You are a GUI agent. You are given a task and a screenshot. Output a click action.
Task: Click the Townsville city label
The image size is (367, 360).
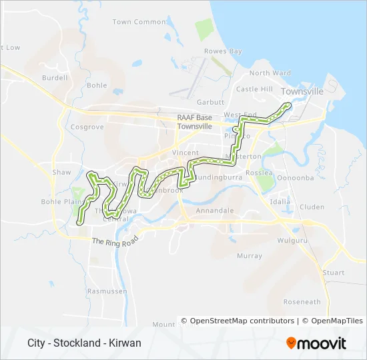point(302,91)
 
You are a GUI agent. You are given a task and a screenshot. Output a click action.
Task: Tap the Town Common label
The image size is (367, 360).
point(139,22)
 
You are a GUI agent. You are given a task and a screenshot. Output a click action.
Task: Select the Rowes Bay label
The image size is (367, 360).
point(223,51)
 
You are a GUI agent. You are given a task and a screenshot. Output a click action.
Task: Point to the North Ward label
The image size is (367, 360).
point(270,73)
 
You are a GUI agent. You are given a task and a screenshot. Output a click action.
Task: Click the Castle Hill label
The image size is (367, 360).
point(254,89)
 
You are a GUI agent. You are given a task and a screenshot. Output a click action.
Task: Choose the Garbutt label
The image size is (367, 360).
point(211,103)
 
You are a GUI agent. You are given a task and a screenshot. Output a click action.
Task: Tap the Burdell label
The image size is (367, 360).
point(55,78)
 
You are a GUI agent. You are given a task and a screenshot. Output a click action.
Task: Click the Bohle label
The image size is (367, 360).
point(97,85)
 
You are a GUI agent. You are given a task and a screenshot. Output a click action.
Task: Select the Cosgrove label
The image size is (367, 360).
point(87,127)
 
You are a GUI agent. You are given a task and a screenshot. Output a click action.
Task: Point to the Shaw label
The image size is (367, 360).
point(61,172)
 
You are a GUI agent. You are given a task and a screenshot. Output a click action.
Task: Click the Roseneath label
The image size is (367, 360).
point(302,302)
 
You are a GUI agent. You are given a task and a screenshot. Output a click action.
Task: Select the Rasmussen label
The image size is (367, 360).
point(107,291)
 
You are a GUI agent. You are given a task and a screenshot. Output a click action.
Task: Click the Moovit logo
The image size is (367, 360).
point(316,343)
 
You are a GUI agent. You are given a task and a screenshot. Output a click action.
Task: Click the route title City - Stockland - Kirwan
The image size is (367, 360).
point(84,343)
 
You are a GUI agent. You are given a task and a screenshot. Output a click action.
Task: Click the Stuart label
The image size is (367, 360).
point(334,273)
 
